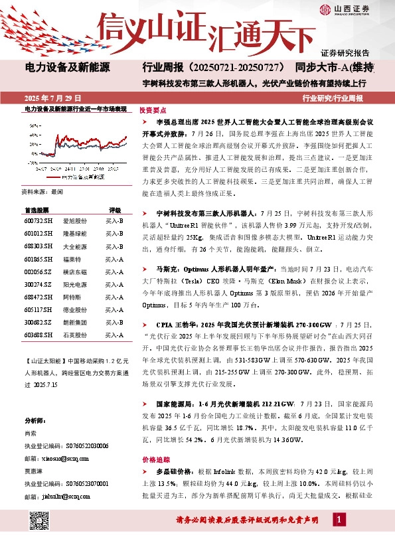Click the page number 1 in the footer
pyautogui.click(x=339, y=519)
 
